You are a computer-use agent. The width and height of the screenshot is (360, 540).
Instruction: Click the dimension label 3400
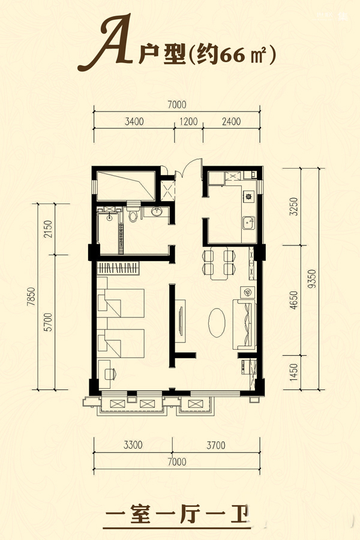[x=134, y=122]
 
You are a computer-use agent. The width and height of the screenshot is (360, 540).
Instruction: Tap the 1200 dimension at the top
[x=189, y=122]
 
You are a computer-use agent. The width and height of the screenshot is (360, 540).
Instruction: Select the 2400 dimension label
[x=231, y=122]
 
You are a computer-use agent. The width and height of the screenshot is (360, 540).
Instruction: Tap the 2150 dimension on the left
[x=48, y=229]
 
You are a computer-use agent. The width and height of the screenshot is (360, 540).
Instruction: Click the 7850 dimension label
[x=31, y=297]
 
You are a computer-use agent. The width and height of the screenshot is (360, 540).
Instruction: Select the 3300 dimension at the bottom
[x=133, y=445]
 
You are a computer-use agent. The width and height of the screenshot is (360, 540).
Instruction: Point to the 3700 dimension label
[x=216, y=445]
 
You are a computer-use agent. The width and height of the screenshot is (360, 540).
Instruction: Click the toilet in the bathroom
[x=133, y=213]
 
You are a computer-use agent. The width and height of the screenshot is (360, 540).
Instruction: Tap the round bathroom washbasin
[x=157, y=211]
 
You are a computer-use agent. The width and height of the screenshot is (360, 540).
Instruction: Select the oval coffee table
[x=217, y=323]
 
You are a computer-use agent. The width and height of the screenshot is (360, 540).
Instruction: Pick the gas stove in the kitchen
[x=248, y=197]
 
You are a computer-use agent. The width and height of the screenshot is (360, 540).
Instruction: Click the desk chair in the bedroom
[x=110, y=374]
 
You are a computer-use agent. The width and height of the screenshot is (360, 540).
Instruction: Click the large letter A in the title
[x=105, y=43]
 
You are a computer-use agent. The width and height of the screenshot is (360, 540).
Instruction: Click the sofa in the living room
[x=245, y=325]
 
